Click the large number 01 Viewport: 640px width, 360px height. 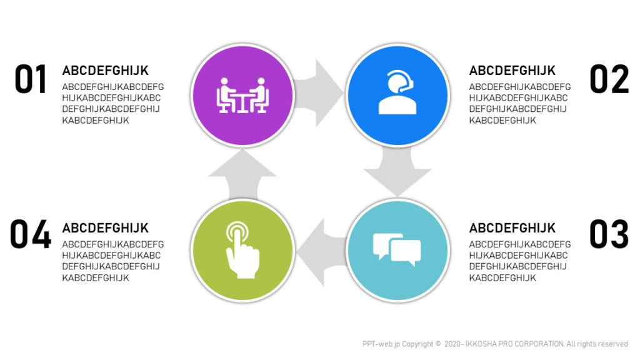coord(31,79)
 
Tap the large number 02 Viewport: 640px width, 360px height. coord(609,79)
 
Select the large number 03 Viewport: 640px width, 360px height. coord(609,235)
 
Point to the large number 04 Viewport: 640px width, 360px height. coord(31,235)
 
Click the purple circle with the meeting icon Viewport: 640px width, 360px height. coord(242,95)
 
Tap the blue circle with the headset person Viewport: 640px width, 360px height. coord(397,95)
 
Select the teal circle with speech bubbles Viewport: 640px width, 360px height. coord(397,249)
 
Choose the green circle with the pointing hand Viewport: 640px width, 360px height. coord(242,249)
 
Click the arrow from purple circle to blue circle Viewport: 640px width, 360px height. coord(320,94)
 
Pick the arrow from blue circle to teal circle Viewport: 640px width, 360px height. coord(397,172)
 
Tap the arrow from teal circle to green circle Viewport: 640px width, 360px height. coord(320,249)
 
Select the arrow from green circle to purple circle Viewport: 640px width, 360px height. coord(242,172)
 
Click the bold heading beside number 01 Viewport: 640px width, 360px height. coord(105,71)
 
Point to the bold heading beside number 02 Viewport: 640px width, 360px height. coord(512,71)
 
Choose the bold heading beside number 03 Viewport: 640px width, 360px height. coord(512,228)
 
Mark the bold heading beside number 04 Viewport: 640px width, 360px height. coord(105,228)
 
